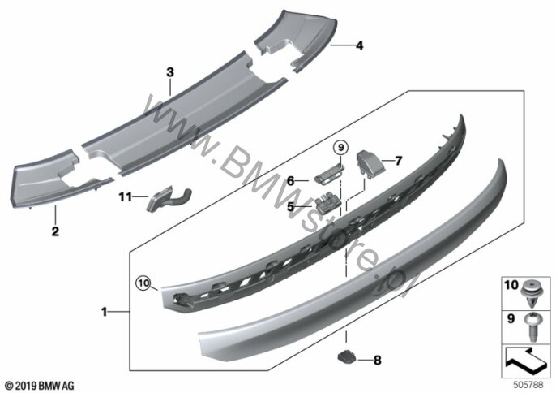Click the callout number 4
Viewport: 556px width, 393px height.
(x=360, y=45)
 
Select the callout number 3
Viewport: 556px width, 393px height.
(x=170, y=72)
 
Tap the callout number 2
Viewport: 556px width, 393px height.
(x=55, y=231)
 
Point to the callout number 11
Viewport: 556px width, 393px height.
(x=125, y=196)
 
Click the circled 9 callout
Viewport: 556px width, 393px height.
(x=340, y=147)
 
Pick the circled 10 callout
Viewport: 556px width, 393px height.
(x=143, y=283)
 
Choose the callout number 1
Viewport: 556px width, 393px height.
(x=104, y=312)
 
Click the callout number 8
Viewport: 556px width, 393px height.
(x=378, y=361)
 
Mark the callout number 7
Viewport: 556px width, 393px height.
(x=399, y=161)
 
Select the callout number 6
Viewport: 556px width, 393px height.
(x=290, y=181)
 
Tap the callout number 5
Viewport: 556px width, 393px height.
(x=290, y=206)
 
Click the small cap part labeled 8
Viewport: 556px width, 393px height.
(x=346, y=356)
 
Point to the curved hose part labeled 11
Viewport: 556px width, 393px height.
(x=169, y=199)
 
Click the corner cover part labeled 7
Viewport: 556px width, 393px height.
(x=369, y=162)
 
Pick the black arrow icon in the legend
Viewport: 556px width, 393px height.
(x=526, y=363)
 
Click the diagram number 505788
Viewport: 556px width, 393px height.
(x=528, y=384)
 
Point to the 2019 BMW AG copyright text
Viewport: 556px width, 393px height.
(x=40, y=385)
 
